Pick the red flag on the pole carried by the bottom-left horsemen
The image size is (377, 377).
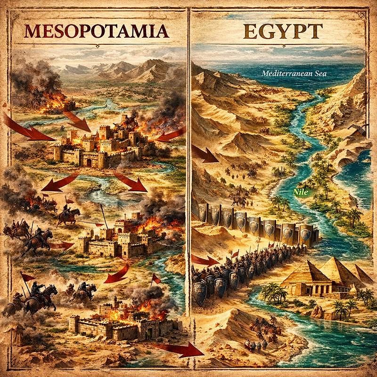click(28, 278)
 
